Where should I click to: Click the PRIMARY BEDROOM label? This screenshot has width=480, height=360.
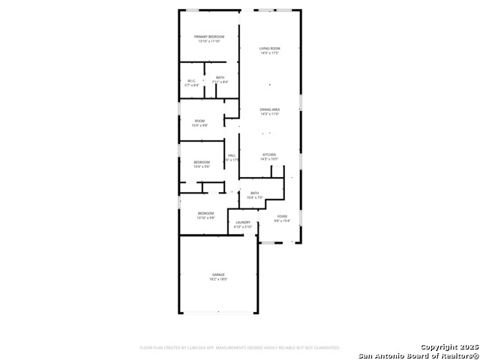(209, 37)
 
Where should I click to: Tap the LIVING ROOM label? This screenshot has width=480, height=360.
(269, 49)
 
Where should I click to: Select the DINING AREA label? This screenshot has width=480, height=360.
(269, 110)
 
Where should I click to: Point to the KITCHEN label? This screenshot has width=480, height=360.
(269, 155)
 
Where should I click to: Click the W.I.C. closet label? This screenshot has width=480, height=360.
(192, 82)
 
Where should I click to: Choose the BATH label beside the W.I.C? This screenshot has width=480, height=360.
(220, 77)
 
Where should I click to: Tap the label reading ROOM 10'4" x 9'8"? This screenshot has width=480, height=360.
(199, 121)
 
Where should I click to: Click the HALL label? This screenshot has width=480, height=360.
(232, 155)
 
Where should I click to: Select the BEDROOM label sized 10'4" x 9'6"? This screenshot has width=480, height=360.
(202, 162)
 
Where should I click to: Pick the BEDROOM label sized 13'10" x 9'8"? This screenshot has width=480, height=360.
(205, 213)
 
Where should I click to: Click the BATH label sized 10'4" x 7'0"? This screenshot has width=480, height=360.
(255, 193)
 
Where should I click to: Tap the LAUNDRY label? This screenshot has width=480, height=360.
(243, 222)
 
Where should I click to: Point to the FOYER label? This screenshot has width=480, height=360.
(282, 216)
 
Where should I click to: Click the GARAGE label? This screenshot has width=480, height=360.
(218, 274)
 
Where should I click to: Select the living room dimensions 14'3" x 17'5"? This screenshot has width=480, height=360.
(269, 53)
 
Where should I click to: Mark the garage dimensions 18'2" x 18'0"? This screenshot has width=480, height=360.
(218, 279)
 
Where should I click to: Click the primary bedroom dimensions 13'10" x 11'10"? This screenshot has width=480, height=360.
(209, 41)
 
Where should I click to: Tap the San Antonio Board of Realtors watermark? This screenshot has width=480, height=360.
(417, 355)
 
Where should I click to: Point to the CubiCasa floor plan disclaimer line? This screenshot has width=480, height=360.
(240, 348)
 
